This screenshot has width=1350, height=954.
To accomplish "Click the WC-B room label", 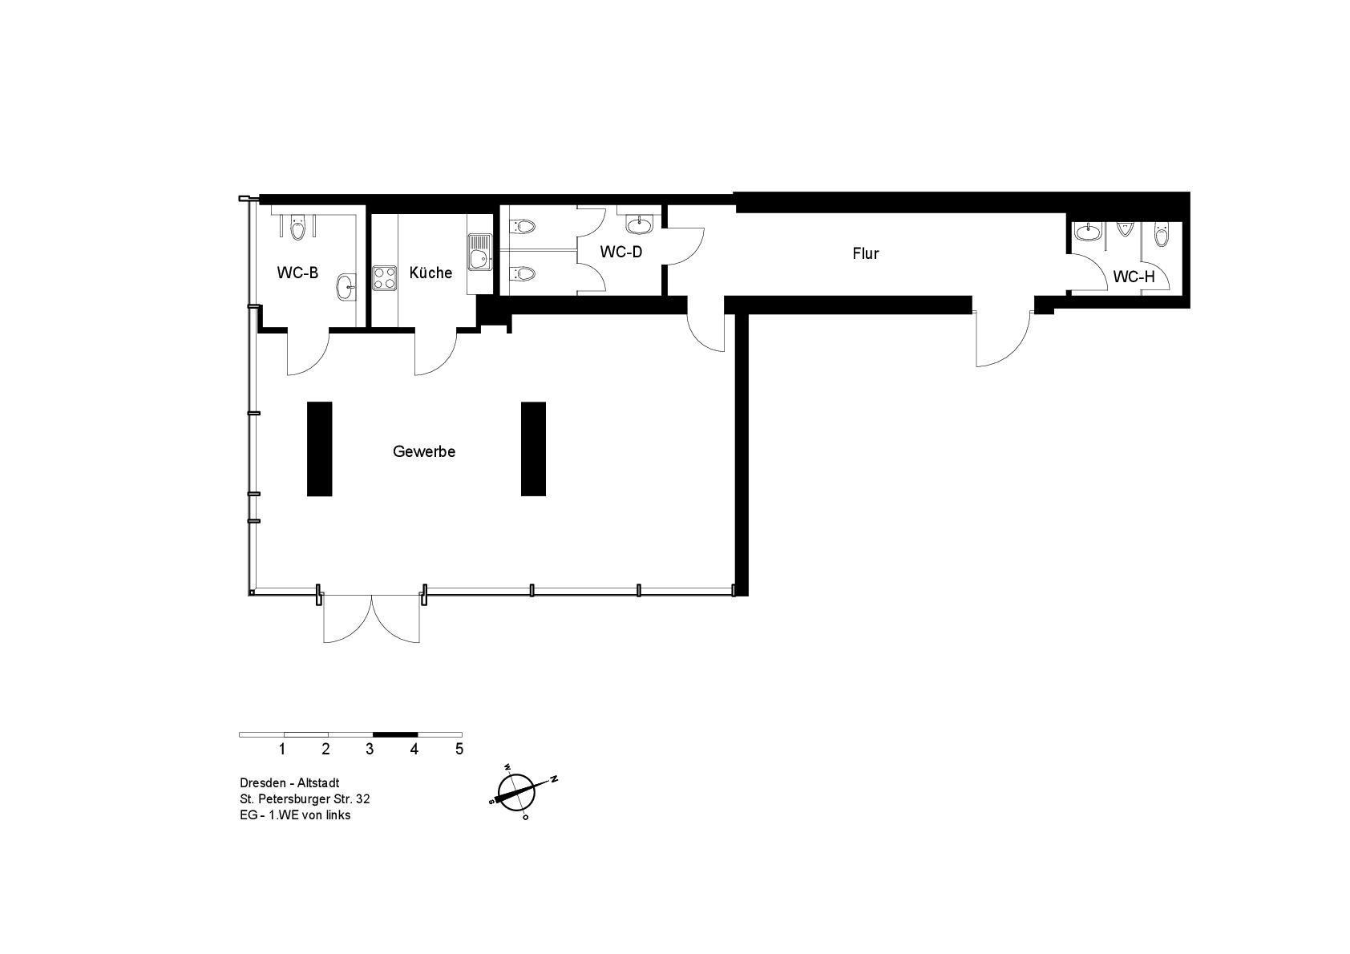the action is [297, 273].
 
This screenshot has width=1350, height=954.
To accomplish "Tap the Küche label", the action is [430, 273].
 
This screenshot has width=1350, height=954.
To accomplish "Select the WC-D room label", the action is [620, 252].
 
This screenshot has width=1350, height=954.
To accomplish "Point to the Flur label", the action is [866, 253].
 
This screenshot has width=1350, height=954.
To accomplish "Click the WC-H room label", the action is [1134, 277].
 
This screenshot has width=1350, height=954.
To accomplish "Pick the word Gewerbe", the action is [424, 451].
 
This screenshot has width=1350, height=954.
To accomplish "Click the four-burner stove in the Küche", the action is [384, 278].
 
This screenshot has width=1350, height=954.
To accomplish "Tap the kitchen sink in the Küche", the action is [480, 251].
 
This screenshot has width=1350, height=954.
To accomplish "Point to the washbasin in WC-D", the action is [639, 224].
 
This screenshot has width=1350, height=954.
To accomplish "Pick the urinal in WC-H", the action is [1125, 229].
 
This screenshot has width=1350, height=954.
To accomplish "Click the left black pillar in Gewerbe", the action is [319, 449].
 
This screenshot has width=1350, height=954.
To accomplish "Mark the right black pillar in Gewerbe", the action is [533, 449].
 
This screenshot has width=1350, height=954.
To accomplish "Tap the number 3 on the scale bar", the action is [370, 749].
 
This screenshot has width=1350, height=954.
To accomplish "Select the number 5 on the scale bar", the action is [459, 749].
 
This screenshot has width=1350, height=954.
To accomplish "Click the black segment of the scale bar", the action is [395, 734].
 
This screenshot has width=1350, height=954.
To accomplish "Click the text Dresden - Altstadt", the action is [289, 783].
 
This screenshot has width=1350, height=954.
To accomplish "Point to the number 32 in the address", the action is [362, 799].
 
